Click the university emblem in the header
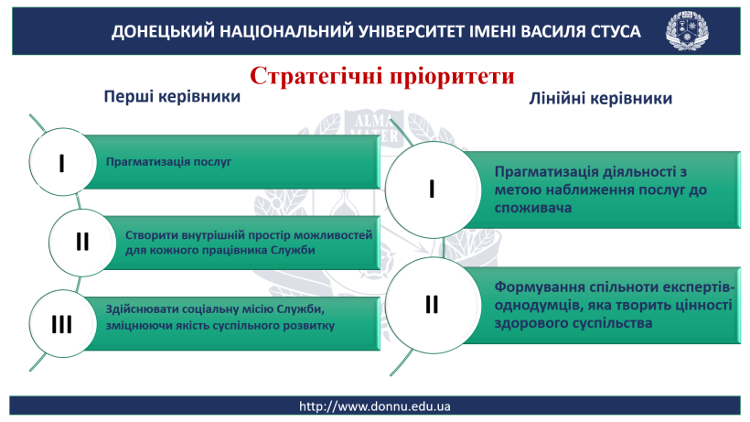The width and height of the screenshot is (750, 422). coord(687,30)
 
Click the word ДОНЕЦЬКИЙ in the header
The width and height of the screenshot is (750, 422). coord(163,31)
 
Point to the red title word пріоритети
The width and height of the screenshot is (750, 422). coord(452,77)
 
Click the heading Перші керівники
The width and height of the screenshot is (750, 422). coord(172,96)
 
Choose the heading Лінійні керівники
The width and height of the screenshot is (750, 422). coord(600,98)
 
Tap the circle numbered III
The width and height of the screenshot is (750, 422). coord(62,324)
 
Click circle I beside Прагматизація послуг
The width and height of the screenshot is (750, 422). coord(62,162)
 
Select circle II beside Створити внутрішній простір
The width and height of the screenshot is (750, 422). coord(82,243)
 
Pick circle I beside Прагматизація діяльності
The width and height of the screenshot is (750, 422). coord(433,189)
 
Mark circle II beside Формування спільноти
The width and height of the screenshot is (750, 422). coord(433,305)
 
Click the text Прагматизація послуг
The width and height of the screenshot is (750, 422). coord(168,162)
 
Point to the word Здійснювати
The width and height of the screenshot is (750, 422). coord(139,309)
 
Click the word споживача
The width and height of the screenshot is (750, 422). coord(533,208)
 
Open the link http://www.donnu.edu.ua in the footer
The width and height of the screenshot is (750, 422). coord(374,406)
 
